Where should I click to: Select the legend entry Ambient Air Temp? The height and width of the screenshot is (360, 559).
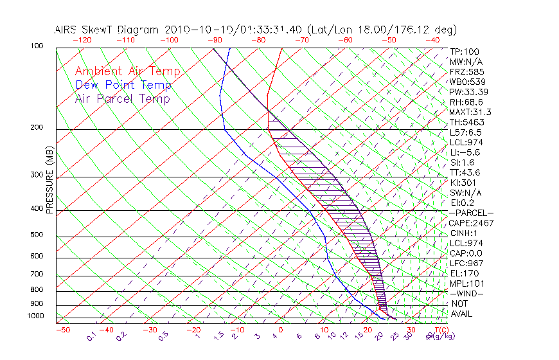click(127, 72)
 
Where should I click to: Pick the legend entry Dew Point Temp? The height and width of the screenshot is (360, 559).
click(123, 85)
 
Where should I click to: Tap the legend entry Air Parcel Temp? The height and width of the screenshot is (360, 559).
click(122, 99)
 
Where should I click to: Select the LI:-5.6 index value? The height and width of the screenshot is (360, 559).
click(465, 152)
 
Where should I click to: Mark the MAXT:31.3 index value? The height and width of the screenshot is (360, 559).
click(469, 112)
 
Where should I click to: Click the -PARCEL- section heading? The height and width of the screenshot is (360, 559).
click(471, 213)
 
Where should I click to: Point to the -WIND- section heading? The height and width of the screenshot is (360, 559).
click(466, 293)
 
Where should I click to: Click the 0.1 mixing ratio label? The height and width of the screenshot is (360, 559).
click(92, 336)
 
